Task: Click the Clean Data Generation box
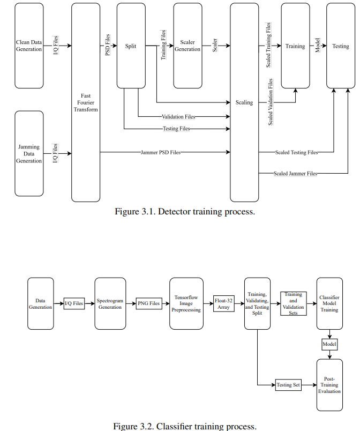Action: pos(29,46)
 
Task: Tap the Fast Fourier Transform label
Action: pos(86,102)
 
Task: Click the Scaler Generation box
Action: pos(187,46)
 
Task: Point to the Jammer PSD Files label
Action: pos(161,152)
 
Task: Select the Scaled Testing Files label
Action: pos(296,152)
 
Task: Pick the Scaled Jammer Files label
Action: pos(295,173)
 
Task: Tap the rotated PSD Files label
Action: pos(108,45)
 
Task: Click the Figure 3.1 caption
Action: pos(185,211)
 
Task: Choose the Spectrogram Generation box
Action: pos(110,303)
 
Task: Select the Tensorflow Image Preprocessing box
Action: pos(186,303)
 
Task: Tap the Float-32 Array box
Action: pos(223,303)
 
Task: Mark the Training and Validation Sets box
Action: pos(293,303)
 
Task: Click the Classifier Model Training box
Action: pos(329,303)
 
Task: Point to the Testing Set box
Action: pos(289,384)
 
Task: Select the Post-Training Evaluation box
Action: pos(329,384)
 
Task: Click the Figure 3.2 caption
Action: pos(185,426)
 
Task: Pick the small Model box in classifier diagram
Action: pos(329,344)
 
